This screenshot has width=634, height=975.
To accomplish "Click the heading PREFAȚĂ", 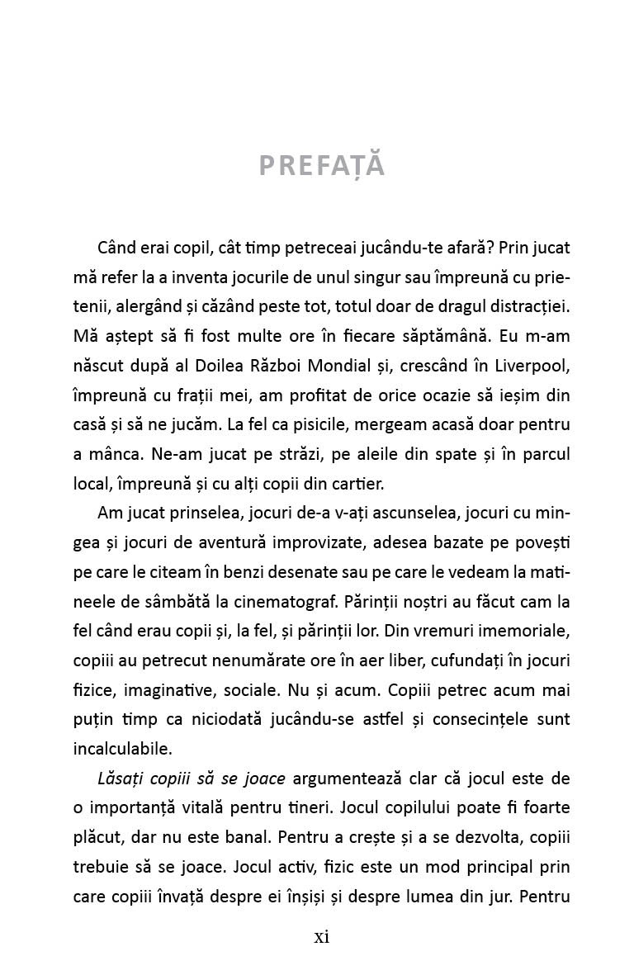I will pos(322,165).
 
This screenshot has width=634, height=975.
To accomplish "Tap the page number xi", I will pos(322,936).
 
